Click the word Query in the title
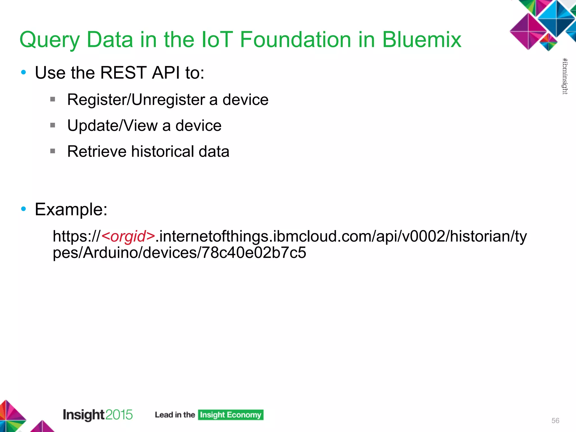click(49, 40)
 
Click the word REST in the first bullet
click(123, 73)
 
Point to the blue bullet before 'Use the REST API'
click(24, 72)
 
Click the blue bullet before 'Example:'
click(24, 209)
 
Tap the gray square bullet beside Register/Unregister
click(53, 99)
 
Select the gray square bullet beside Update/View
click(53, 125)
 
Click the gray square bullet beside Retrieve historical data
click(53, 151)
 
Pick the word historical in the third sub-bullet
click(163, 151)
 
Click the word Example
click(71, 209)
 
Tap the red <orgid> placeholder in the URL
click(128, 236)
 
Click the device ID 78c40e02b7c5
click(254, 252)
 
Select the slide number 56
click(555, 420)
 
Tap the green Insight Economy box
click(231, 415)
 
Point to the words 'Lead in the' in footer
click(175, 415)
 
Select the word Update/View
click(112, 125)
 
